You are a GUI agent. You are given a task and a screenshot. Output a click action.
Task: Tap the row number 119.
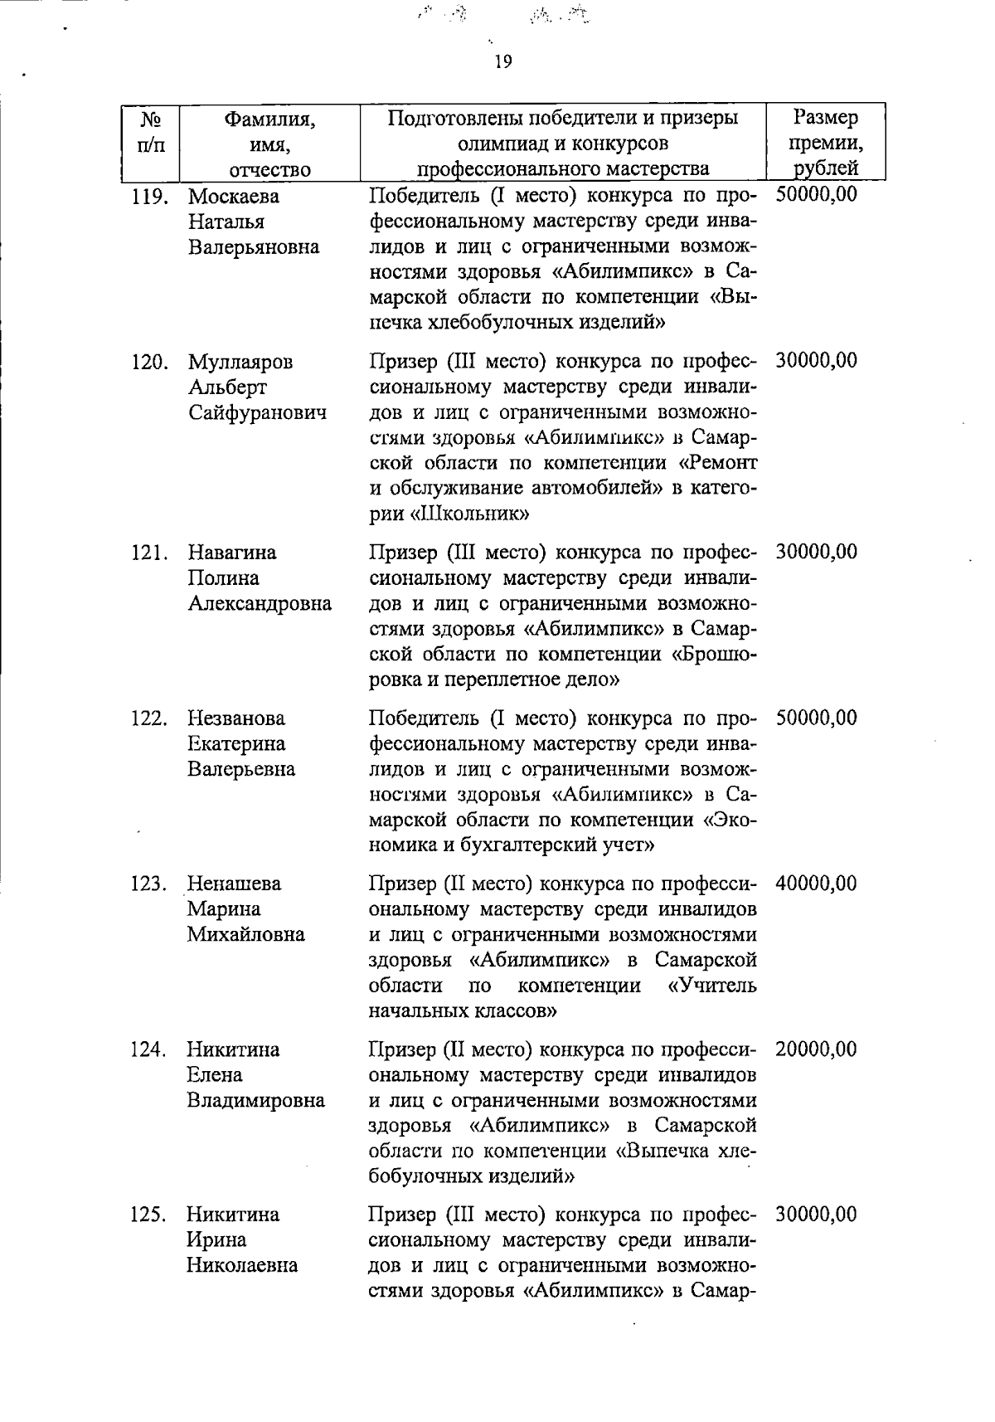click(x=150, y=197)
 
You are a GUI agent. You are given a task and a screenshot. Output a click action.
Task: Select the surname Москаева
click(x=234, y=197)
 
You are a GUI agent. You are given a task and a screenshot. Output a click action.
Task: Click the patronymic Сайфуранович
click(x=257, y=413)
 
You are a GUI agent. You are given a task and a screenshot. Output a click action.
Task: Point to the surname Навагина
click(x=232, y=553)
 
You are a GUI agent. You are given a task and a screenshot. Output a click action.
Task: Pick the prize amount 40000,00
click(x=816, y=884)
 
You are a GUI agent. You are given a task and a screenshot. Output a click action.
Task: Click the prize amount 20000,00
click(x=816, y=1049)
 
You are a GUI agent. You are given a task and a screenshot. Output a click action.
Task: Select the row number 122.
click(x=149, y=718)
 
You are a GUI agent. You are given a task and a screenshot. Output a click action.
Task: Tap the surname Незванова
click(x=235, y=718)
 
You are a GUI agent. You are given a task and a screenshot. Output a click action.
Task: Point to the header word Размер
click(x=825, y=118)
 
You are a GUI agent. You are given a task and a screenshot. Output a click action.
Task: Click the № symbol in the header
click(x=150, y=119)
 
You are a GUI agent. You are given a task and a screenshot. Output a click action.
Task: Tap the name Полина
click(x=223, y=578)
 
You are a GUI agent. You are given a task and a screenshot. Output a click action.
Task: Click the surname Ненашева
click(x=234, y=884)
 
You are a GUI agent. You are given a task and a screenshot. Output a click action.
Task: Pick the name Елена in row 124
click(x=214, y=1075)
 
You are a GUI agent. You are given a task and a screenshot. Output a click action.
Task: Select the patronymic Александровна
click(x=260, y=604)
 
